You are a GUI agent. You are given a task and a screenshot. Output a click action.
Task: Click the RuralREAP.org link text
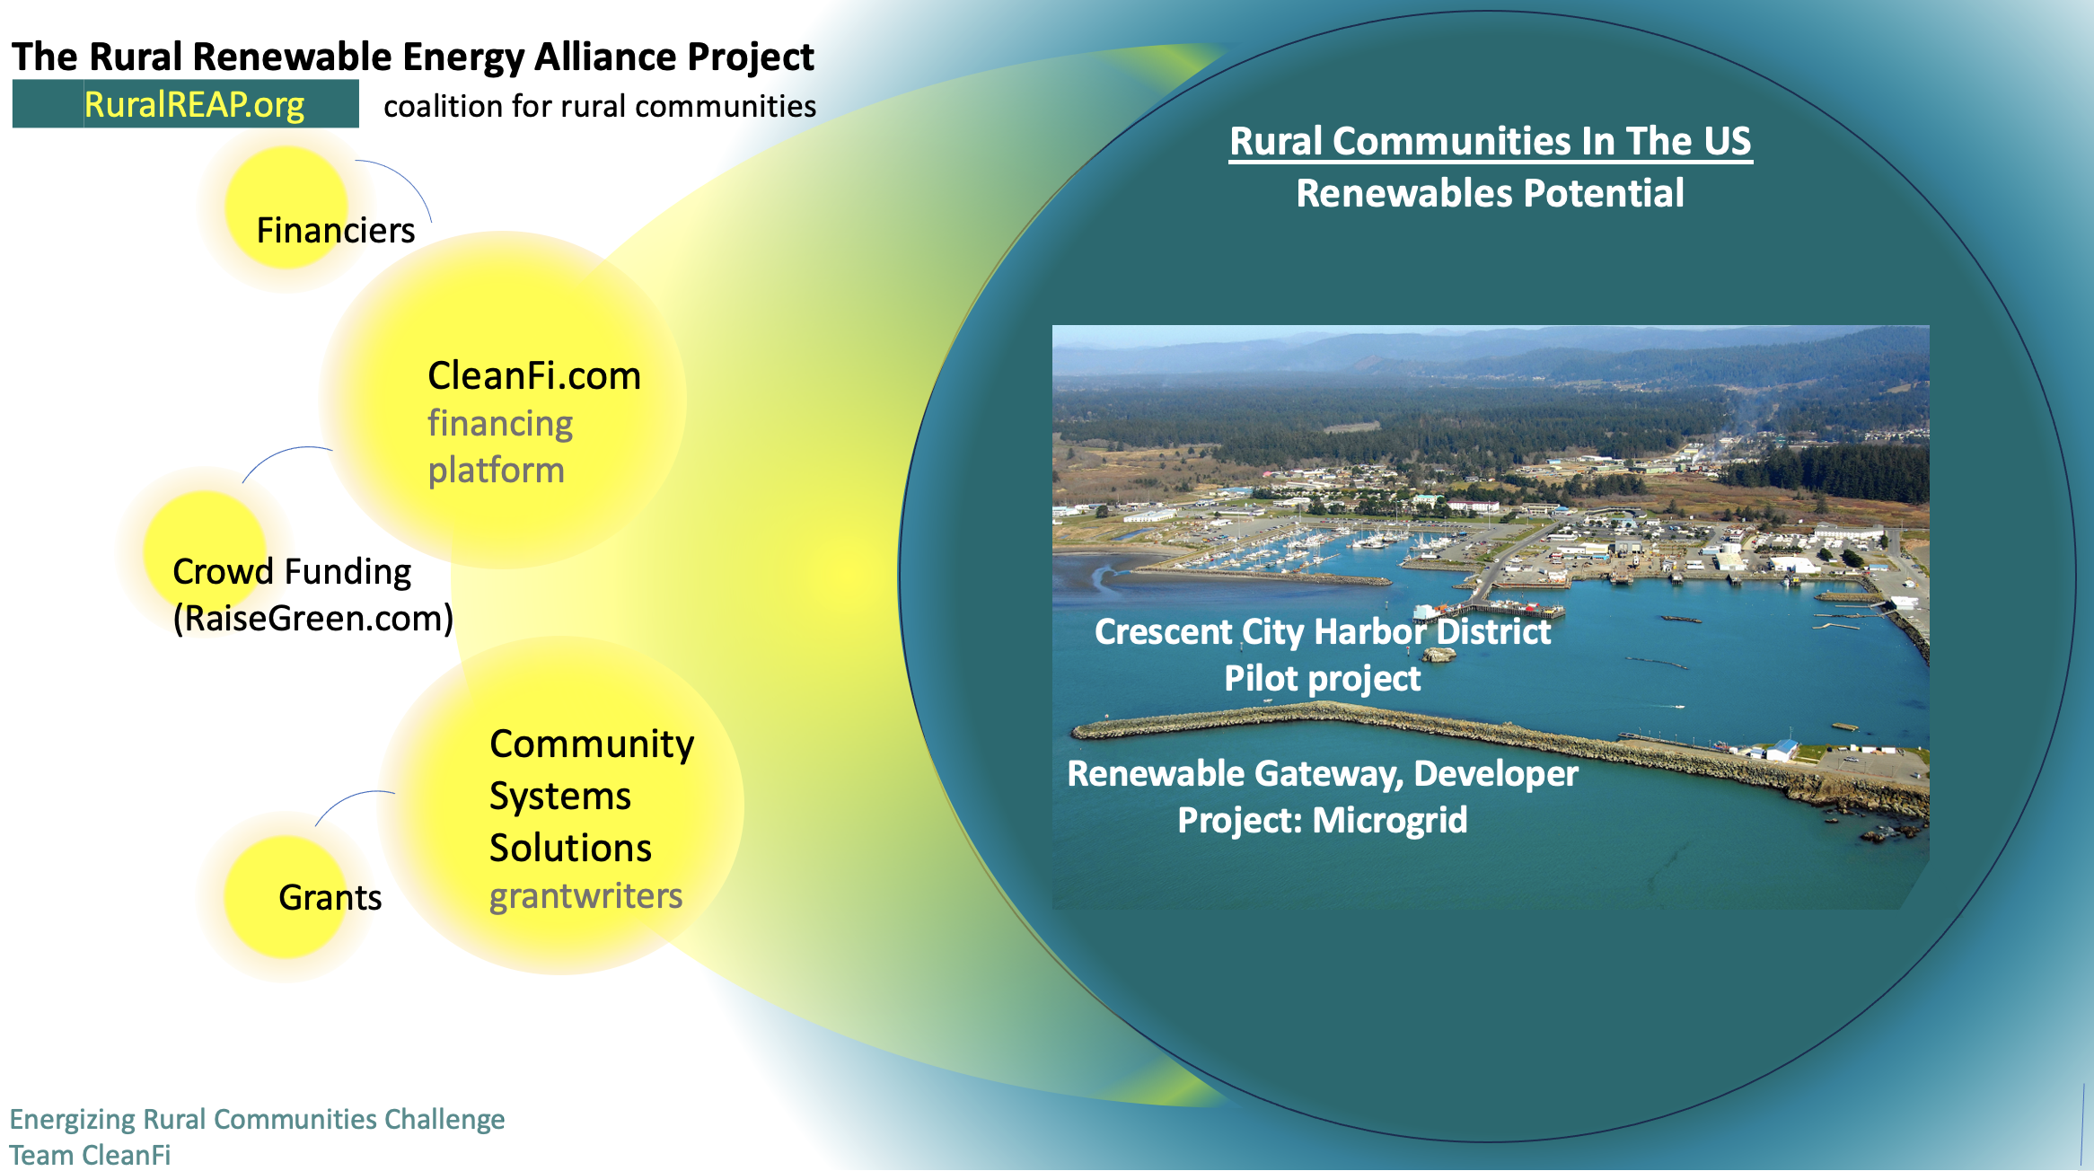[x=194, y=105]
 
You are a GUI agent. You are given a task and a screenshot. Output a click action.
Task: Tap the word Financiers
[x=336, y=231]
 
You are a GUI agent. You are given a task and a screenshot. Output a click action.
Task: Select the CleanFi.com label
[x=534, y=375]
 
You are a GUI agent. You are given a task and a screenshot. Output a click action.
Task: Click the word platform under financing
[x=496, y=471]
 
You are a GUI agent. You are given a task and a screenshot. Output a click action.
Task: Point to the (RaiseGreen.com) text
[x=313, y=618]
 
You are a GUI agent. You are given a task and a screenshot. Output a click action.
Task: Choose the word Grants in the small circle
[x=330, y=897]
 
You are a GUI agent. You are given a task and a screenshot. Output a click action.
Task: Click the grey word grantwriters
[x=585, y=896]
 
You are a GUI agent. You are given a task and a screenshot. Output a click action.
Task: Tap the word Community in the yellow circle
[x=592, y=744]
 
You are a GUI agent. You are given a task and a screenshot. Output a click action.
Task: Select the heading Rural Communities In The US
[x=1491, y=141]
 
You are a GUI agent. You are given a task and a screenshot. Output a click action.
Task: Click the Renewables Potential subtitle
[x=1491, y=193]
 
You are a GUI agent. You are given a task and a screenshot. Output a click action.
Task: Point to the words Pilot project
[x=1323, y=678]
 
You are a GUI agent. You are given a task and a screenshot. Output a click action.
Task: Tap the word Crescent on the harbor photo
[x=1164, y=631]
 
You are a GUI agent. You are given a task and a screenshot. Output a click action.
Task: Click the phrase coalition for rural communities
[x=600, y=106]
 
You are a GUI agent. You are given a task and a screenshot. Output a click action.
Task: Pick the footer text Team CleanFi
[x=90, y=1155]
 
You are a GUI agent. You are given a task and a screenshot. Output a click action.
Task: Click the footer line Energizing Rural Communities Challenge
[x=257, y=1120]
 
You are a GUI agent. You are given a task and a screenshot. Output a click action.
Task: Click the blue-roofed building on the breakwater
[x=1782, y=749]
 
